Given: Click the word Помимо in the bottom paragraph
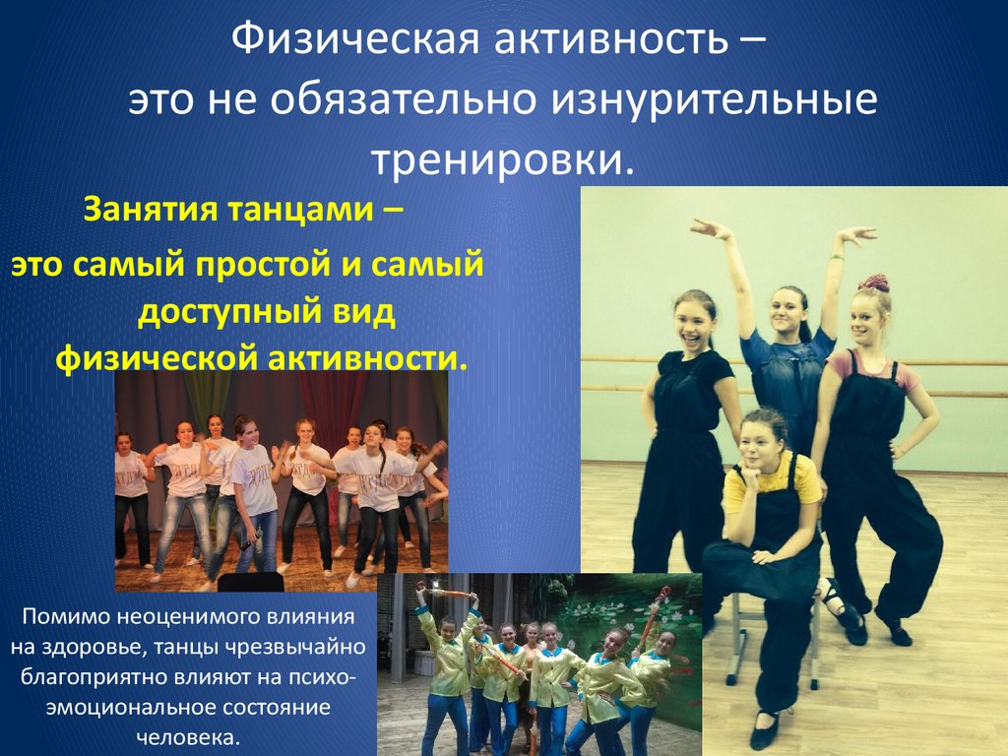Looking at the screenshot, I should click(x=74, y=620).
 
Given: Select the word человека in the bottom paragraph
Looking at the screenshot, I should click(x=195, y=738).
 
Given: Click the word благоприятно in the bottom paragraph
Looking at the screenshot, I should click(x=89, y=679).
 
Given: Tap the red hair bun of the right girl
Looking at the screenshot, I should click(x=872, y=283).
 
